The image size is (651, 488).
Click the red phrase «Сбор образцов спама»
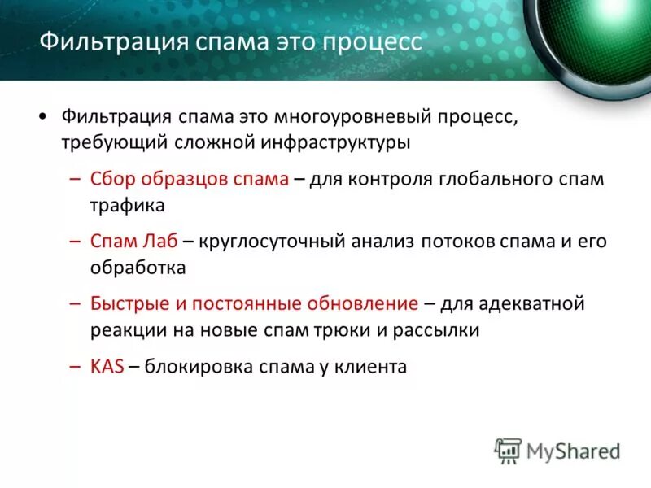point(189,179)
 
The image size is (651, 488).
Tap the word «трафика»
point(127,205)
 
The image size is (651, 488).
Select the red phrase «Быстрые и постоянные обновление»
point(254,304)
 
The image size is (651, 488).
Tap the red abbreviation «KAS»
point(107,367)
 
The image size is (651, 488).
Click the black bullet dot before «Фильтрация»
point(42,119)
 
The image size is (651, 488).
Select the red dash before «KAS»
point(75,367)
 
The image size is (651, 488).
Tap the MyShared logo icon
point(508,450)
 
